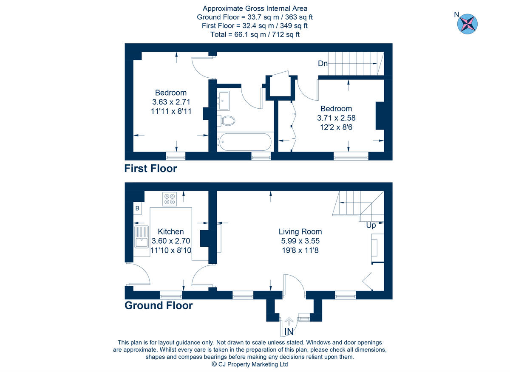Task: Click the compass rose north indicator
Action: (467, 24)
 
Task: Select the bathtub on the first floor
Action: (244, 142)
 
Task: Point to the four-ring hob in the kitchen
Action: (170, 199)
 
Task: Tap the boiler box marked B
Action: (137, 209)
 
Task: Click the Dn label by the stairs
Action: (323, 64)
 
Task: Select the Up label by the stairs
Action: (371, 225)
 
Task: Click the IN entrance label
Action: (289, 331)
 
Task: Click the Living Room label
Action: (300, 231)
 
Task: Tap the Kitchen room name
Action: (171, 231)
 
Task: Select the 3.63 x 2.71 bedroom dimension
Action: (171, 102)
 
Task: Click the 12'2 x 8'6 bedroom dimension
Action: (336, 127)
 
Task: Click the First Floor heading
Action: (150, 169)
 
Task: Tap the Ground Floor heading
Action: (158, 305)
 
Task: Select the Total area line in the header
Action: (255, 35)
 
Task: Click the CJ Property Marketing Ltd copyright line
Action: (250, 364)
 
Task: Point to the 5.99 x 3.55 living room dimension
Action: (300, 241)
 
